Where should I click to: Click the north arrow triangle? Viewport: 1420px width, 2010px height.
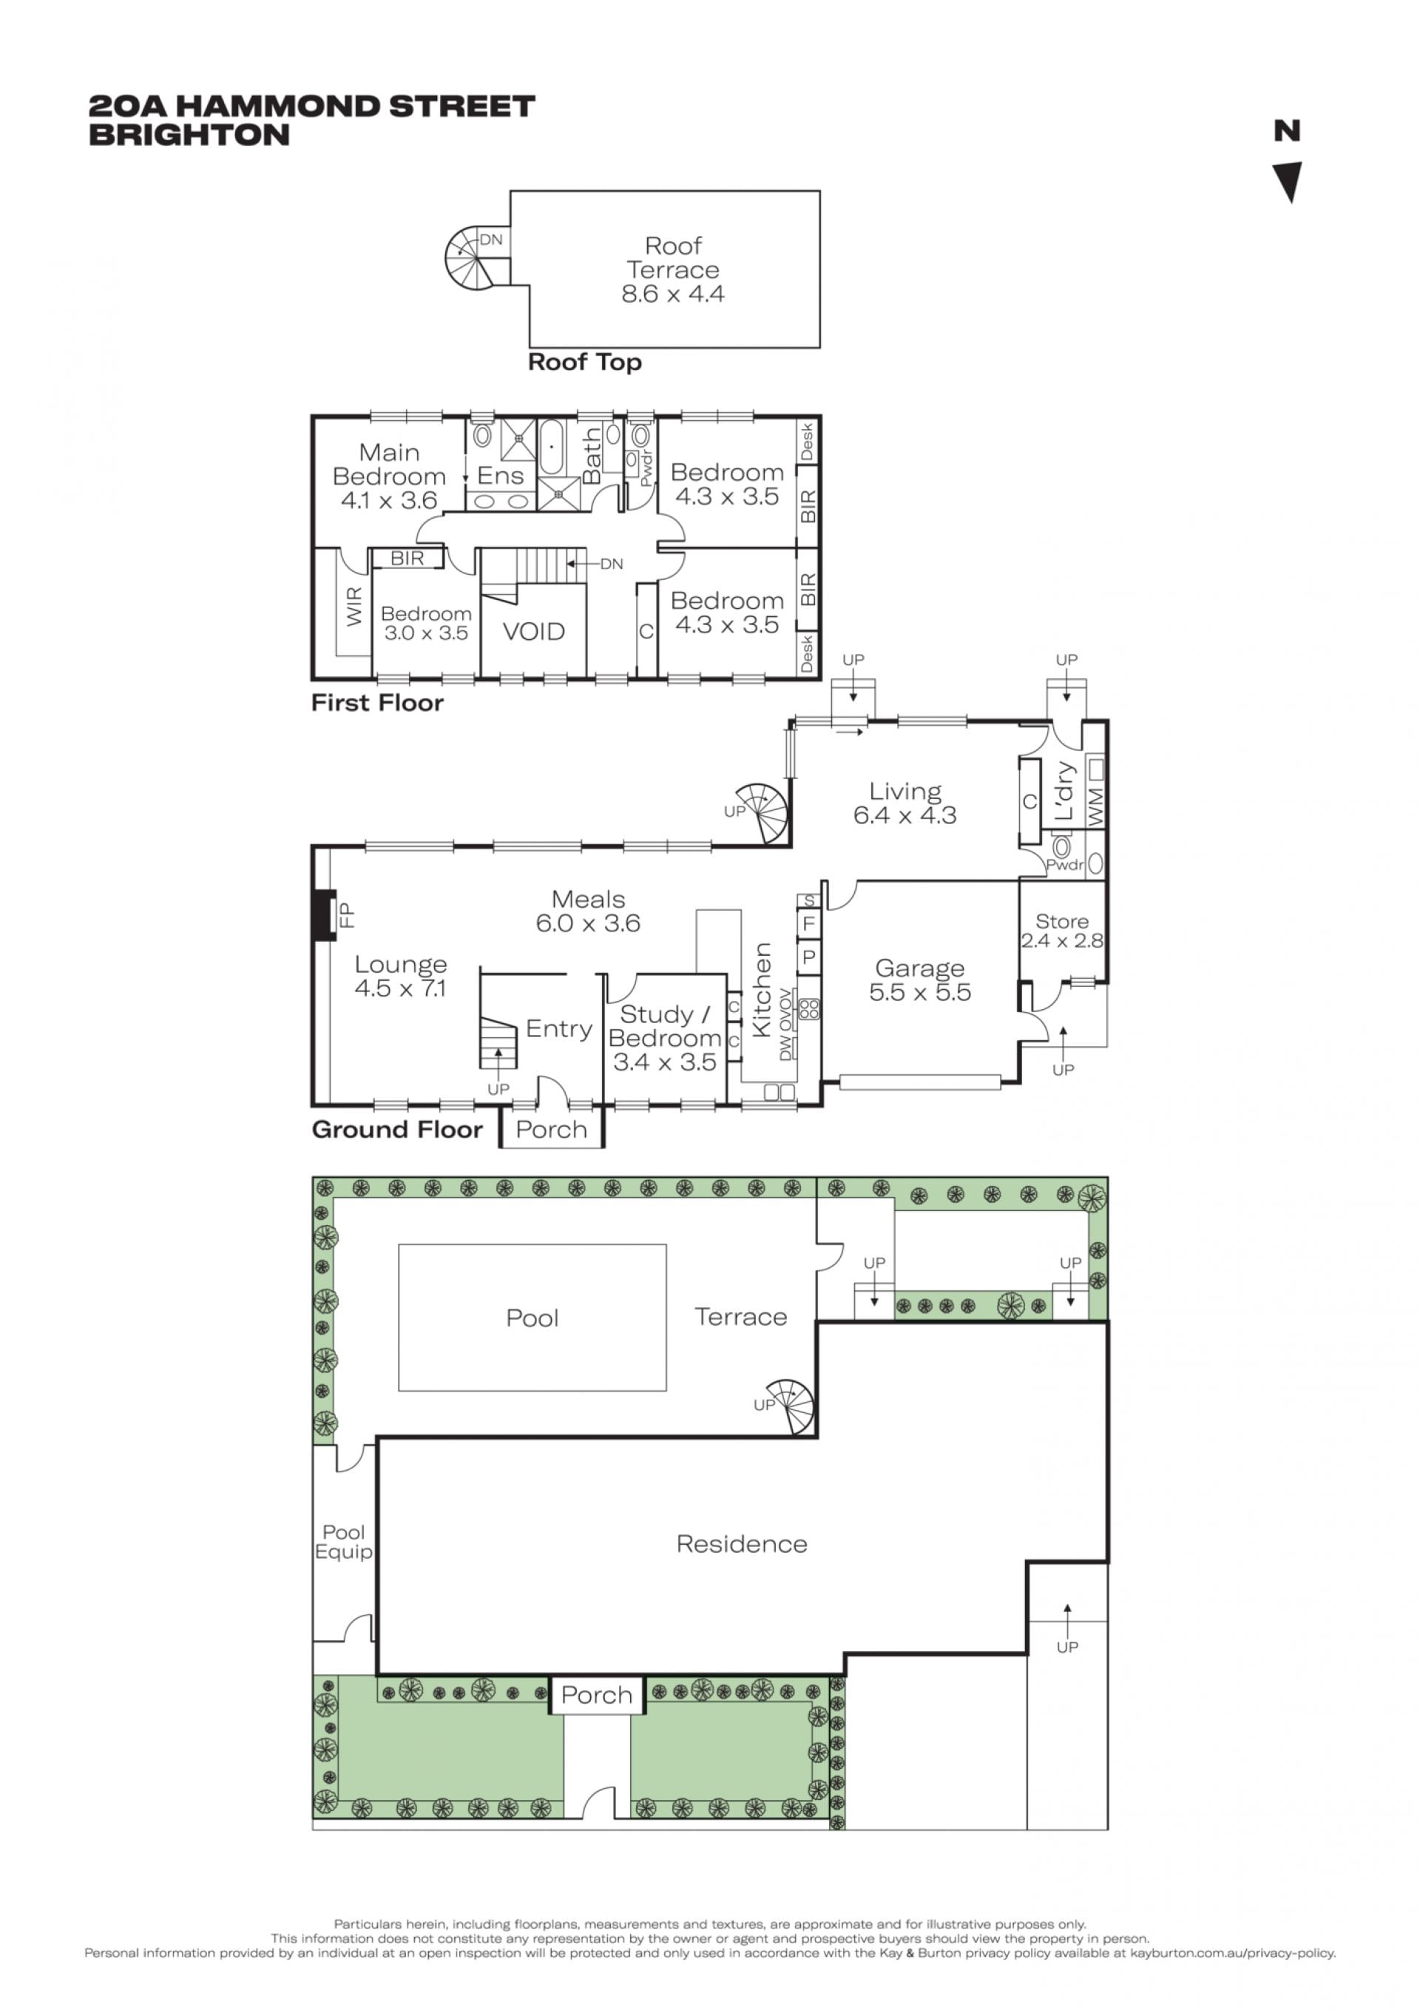[1288, 181]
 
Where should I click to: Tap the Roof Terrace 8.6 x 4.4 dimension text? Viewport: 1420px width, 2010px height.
[672, 294]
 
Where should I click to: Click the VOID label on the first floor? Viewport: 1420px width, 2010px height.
[533, 631]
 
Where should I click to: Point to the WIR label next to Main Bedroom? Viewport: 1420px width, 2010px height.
[354, 606]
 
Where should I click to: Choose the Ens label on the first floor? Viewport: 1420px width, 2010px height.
[500, 476]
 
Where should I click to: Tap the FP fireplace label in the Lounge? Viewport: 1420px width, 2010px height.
[348, 916]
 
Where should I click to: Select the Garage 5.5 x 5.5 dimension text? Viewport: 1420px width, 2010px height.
[919, 993]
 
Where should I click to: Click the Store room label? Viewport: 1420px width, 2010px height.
[1062, 921]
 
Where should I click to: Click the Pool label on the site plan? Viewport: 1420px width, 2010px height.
[532, 1318]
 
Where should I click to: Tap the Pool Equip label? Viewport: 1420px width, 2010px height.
[343, 1542]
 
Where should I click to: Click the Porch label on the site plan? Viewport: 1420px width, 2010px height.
[596, 1695]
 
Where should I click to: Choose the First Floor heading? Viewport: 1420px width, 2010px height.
[377, 703]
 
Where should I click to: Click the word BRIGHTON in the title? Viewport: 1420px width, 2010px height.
[189, 135]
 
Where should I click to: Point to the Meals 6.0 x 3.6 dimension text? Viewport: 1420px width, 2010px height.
[587, 923]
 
